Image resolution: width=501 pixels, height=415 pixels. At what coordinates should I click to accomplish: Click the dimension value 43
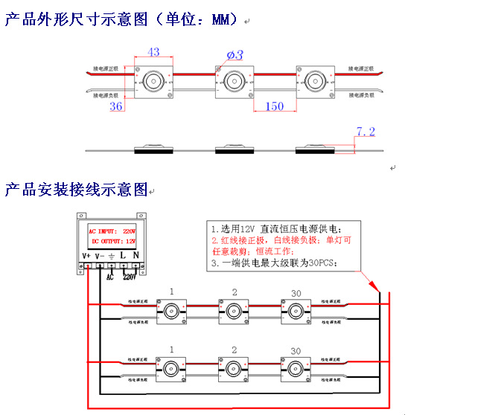[153, 52]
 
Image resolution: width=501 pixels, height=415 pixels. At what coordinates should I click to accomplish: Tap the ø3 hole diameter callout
[235, 54]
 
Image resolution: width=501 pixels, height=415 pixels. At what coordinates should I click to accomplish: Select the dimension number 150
[275, 106]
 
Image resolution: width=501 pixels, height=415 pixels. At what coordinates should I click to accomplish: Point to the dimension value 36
[116, 106]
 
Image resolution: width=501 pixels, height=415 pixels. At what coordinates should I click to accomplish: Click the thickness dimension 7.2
[365, 132]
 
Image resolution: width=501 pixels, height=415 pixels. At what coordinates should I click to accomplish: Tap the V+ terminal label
[87, 256]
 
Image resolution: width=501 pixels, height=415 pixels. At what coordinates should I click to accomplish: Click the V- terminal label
[100, 256]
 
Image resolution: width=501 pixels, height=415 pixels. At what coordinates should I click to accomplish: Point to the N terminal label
[136, 256]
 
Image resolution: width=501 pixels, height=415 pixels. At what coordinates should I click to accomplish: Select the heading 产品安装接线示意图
[77, 190]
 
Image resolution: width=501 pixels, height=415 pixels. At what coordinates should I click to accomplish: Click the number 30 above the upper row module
[296, 290]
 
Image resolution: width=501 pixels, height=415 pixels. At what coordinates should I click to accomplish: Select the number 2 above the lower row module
[234, 350]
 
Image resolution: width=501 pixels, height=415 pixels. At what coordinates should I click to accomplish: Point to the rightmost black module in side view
[315, 150]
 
